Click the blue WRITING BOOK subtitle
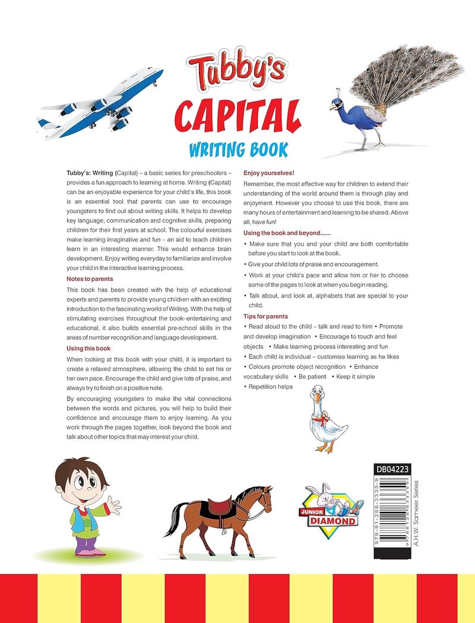click(237, 148)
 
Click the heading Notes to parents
click(90, 279)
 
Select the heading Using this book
click(88, 348)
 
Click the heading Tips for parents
click(265, 317)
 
